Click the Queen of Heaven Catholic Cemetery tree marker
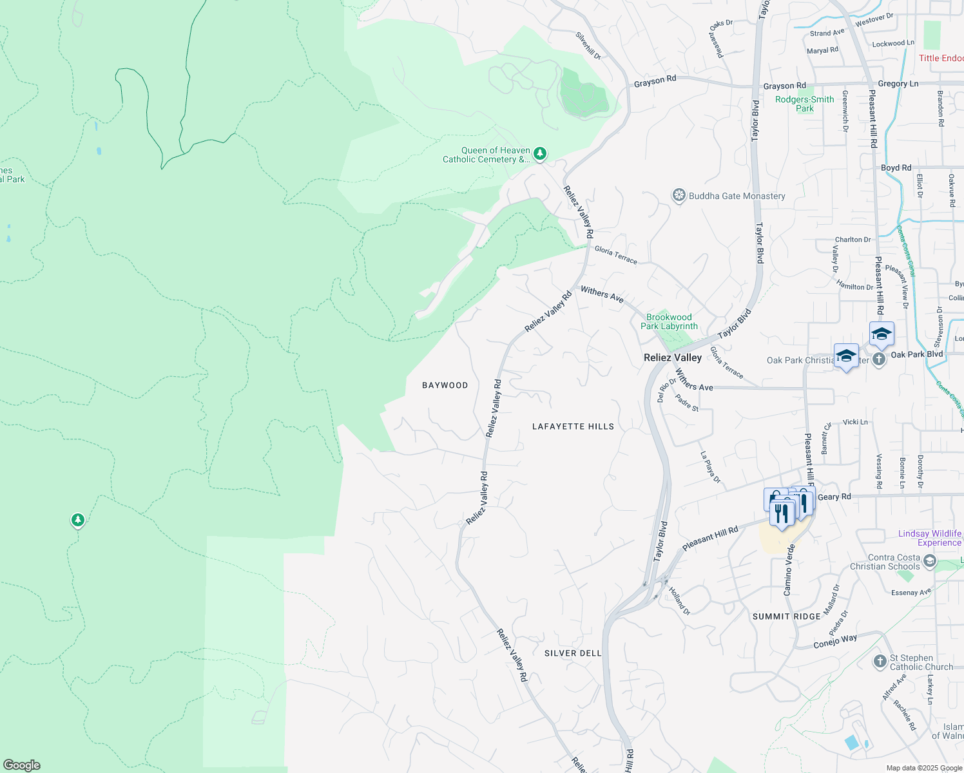(540, 153)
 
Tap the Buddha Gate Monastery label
(737, 196)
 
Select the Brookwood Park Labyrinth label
(669, 321)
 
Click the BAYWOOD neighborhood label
(445, 385)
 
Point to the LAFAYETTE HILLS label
(573, 426)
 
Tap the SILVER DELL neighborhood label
(573, 653)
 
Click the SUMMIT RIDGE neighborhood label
(786, 616)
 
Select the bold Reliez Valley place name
(673, 358)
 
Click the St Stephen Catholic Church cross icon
(880, 662)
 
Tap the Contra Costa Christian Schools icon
(929, 561)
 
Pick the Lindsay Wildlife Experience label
(929, 538)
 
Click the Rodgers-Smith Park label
(804, 104)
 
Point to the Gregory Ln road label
(898, 84)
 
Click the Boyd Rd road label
(896, 167)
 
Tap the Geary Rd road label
(834, 497)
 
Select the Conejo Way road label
(835, 642)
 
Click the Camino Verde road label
(789, 569)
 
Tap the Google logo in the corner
(22, 765)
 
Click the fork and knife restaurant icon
(782, 513)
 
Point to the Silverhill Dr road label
(588, 46)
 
